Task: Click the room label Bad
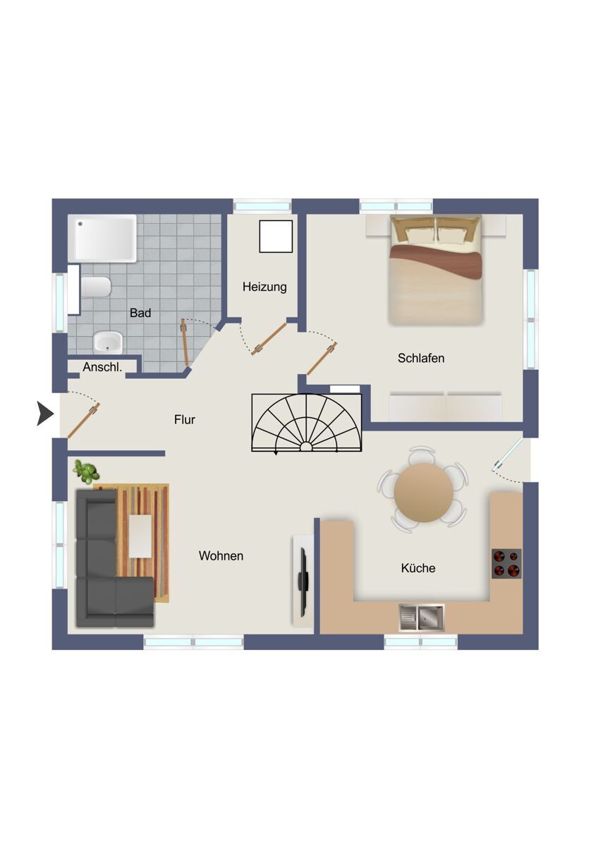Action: [140, 313]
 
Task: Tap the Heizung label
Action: [264, 287]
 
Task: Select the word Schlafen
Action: [421, 358]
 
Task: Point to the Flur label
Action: [184, 419]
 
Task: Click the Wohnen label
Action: [221, 555]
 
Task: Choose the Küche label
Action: [418, 567]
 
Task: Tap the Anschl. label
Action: [102, 367]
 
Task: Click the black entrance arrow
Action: [45, 414]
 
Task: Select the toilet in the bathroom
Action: [96, 287]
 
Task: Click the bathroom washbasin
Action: [108, 342]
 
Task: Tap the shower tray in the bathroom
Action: [102, 239]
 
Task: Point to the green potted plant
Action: [87, 472]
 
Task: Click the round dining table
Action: [423, 493]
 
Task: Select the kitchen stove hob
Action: [506, 563]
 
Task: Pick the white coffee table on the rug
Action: [140, 536]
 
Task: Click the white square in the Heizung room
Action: [276, 236]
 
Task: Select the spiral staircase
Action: [306, 422]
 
